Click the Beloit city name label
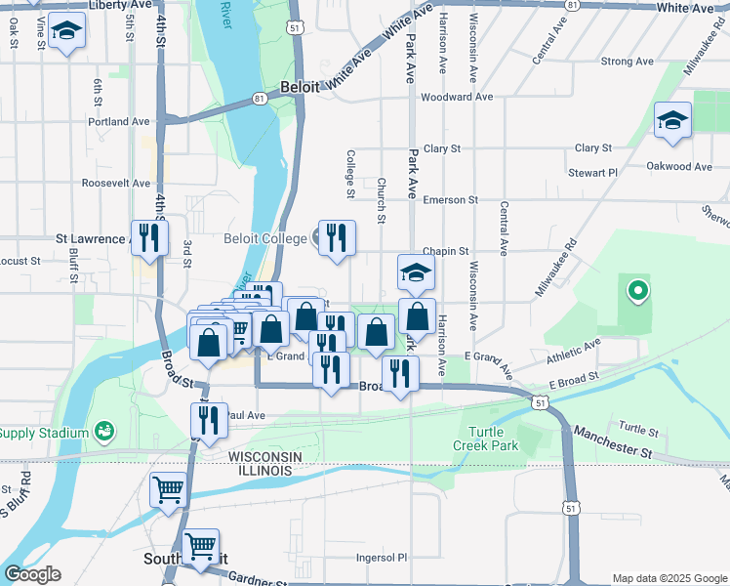click(x=301, y=87)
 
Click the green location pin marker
click(x=637, y=290)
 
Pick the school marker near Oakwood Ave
click(x=672, y=121)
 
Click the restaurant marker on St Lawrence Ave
click(x=149, y=238)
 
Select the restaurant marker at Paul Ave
click(x=209, y=421)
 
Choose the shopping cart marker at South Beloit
click(x=201, y=548)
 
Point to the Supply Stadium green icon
click(x=103, y=432)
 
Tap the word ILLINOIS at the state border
click(x=260, y=471)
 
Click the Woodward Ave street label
click(x=456, y=97)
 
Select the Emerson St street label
click(x=450, y=199)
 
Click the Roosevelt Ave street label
click(x=115, y=183)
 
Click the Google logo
click(x=31, y=574)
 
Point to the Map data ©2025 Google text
click(x=669, y=578)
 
